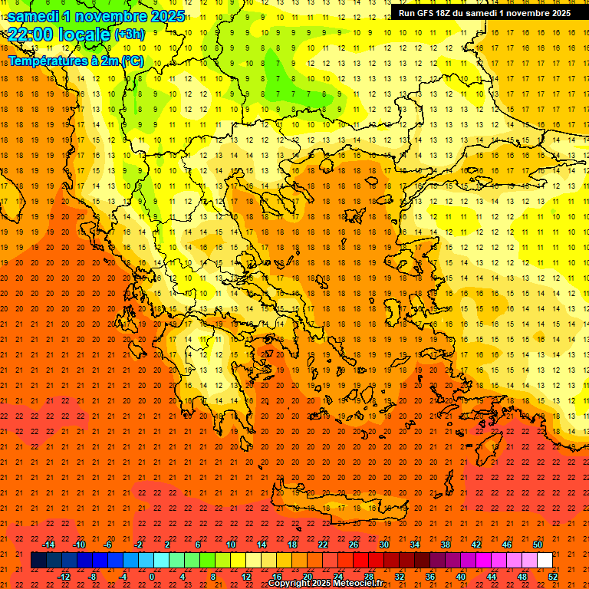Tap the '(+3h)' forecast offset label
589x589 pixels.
click(129, 35)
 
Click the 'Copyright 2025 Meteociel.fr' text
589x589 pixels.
click(325, 584)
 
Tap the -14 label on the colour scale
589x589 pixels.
click(49, 545)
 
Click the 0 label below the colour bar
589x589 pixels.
click(152, 577)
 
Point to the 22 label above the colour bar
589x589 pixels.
click(323, 545)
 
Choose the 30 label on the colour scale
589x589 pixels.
click(384, 545)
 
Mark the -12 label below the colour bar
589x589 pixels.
click(64, 577)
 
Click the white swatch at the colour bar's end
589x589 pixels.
click(545, 561)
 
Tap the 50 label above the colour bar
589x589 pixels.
click(537, 545)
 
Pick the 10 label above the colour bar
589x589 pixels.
click(231, 545)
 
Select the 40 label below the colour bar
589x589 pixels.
click(461, 577)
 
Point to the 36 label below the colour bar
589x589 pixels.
click(430, 577)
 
